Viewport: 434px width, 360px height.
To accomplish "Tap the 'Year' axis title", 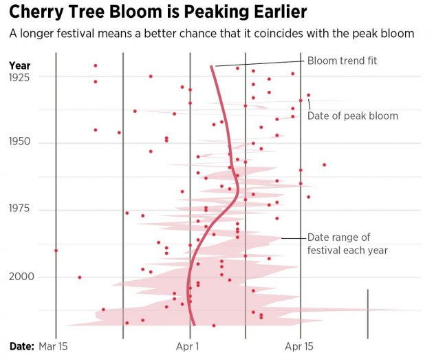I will (x=19, y=65).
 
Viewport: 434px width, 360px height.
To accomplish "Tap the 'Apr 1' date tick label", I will (x=188, y=346).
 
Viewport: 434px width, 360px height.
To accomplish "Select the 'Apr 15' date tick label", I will (x=300, y=346).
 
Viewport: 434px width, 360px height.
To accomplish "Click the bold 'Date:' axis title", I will (x=21, y=346).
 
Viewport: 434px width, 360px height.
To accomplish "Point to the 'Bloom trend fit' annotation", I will (x=342, y=61).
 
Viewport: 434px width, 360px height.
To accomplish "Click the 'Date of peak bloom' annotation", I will (x=352, y=116).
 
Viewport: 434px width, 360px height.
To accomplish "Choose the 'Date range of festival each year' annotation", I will (x=347, y=244).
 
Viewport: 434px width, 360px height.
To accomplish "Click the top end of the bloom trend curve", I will (x=212, y=67).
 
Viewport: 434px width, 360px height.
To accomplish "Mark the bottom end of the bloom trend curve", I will (x=194, y=324).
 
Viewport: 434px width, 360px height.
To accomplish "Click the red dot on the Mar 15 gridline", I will (x=56, y=251).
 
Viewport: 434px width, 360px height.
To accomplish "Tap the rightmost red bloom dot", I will (x=324, y=165).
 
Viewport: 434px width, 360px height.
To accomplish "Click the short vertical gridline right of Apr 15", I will (x=368, y=313).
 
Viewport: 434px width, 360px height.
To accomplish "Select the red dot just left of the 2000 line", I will (x=80, y=277).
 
